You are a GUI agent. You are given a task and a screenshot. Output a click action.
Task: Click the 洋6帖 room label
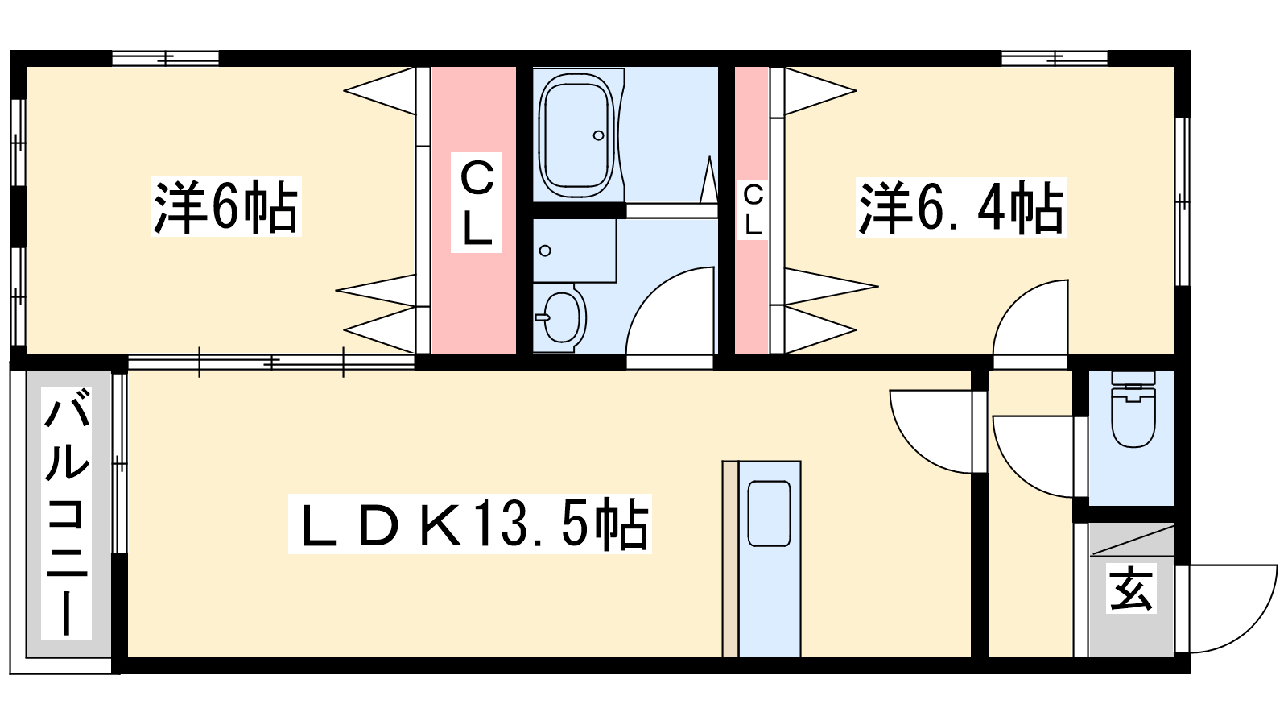coord(226,206)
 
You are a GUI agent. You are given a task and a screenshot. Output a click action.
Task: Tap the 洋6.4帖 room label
coord(961,208)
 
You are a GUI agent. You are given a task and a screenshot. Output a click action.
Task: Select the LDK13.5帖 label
coord(470,524)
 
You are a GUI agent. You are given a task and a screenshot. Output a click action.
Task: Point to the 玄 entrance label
coord(1130,588)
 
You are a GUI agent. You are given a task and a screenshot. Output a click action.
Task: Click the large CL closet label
coord(476,202)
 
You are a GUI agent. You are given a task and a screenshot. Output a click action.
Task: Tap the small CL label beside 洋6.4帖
coord(753,210)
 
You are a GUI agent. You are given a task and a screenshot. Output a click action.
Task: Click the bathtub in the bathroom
coord(577,135)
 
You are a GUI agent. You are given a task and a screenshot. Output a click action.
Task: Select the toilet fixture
coord(1133,409)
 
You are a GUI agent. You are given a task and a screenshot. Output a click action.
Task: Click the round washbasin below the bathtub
coord(563,317)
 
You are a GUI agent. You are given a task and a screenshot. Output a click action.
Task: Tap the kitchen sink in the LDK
coord(769,512)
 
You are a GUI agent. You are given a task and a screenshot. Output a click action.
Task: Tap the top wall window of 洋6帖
coord(166,58)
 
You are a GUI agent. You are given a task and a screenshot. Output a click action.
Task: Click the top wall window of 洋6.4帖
coord(1055,58)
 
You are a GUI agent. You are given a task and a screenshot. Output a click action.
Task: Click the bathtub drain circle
coord(599,135)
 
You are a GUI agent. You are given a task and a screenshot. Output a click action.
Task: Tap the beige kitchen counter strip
coord(730,558)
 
